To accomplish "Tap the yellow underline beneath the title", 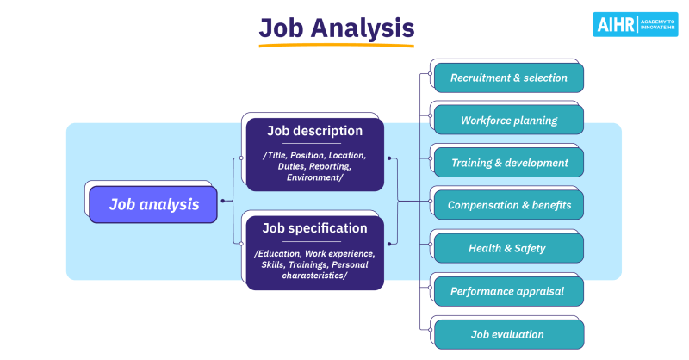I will (337, 45).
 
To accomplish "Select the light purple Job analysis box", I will (153, 205).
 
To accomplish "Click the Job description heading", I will (314, 131).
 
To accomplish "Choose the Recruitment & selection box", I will (508, 78).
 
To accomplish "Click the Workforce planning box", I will (508, 121).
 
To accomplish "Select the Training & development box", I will (508, 163).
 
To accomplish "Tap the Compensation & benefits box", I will (508, 206).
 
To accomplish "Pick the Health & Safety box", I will (508, 248).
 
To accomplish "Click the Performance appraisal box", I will (508, 291).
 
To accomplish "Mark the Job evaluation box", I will (508, 334).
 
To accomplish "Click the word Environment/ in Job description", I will (315, 177).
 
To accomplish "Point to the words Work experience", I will (338, 253).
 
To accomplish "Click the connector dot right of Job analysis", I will (222, 201).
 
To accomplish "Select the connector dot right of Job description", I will (389, 158).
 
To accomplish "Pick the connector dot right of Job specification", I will (389, 244).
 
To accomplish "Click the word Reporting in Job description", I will (328, 166).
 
